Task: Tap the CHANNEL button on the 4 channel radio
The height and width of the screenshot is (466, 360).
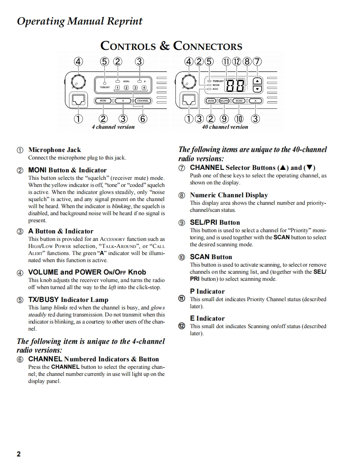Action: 142,101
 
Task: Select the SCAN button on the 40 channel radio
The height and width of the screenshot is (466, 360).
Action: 239,101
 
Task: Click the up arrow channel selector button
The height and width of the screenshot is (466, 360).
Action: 258,81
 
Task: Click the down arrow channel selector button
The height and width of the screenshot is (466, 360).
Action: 258,89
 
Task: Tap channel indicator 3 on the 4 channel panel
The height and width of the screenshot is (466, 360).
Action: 134,88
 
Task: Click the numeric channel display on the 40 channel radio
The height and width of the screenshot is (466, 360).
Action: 236,85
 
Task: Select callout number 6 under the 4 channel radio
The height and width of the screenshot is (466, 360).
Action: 143,119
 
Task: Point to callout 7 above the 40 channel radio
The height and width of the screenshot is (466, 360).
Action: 258,62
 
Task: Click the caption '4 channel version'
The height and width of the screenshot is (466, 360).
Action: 113,127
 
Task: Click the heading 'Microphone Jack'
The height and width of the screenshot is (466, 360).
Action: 54,150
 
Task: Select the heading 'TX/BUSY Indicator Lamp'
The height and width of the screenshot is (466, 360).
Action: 68,299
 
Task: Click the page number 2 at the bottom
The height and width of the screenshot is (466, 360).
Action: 19,454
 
